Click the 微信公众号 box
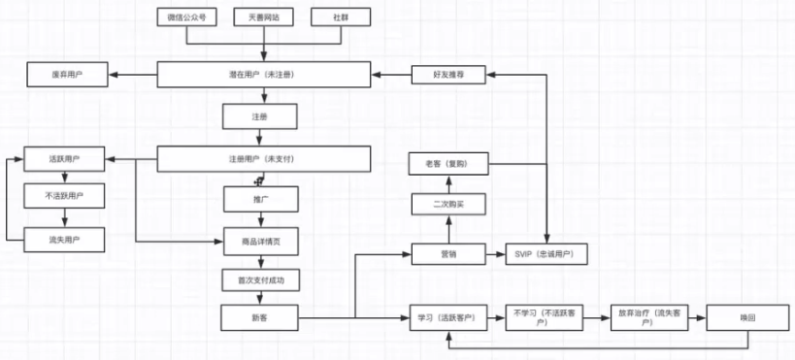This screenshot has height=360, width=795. [x=186, y=16]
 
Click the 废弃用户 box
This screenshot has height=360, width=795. [x=67, y=75]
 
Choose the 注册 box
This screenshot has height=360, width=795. [x=259, y=116]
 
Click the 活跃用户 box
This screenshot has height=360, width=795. [x=64, y=158]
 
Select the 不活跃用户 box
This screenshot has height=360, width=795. [x=64, y=198]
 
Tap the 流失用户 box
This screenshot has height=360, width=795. [x=64, y=239]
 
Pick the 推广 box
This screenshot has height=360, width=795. [x=259, y=199]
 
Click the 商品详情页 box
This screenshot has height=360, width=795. [x=259, y=241]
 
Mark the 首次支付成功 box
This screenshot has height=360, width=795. [x=259, y=280]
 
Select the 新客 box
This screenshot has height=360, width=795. [x=259, y=317]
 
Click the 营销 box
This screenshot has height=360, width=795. [x=447, y=254]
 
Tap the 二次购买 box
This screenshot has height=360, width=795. [x=447, y=206]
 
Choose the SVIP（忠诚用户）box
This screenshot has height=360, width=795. [x=547, y=254]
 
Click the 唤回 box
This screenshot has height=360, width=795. [x=746, y=317]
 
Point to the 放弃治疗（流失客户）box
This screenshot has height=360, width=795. [x=646, y=317]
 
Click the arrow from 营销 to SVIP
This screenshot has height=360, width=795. [x=494, y=254]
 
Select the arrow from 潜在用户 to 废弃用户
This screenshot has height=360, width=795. [x=134, y=75]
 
